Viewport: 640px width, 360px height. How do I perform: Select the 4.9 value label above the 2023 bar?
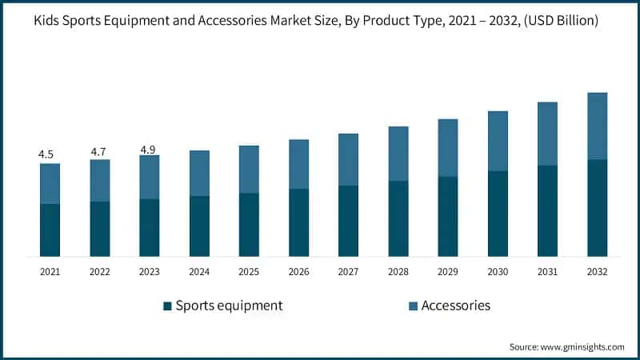pyautogui.click(x=149, y=150)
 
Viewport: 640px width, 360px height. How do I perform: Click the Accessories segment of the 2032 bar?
pyautogui.click(x=597, y=126)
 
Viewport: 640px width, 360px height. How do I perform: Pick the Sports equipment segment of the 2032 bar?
pyautogui.click(x=597, y=208)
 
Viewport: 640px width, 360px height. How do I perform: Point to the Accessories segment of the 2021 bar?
pyautogui.click(x=50, y=183)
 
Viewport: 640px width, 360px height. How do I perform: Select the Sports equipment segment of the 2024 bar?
pyautogui.click(x=199, y=226)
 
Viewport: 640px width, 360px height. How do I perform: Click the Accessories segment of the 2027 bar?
pyautogui.click(x=348, y=159)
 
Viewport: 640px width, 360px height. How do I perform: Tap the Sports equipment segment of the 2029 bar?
pyautogui.click(x=447, y=216)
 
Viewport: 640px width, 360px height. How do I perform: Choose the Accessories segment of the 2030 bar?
pyautogui.click(x=498, y=141)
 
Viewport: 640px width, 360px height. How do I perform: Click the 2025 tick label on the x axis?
pyautogui.click(x=249, y=272)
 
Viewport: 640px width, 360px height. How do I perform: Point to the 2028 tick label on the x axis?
pyautogui.click(x=398, y=272)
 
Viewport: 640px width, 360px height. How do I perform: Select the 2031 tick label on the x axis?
pyautogui.click(x=547, y=272)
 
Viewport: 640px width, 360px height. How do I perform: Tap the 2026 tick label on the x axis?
pyautogui.click(x=298, y=272)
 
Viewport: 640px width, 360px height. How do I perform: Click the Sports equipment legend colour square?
pyautogui.click(x=167, y=306)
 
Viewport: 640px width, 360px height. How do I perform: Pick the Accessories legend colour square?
pyautogui.click(x=413, y=306)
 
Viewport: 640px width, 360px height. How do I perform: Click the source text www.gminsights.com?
pyautogui.click(x=581, y=346)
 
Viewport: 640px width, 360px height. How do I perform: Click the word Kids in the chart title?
pyautogui.click(x=49, y=20)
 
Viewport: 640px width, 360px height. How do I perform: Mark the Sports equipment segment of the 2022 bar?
pyautogui.click(x=99, y=229)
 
